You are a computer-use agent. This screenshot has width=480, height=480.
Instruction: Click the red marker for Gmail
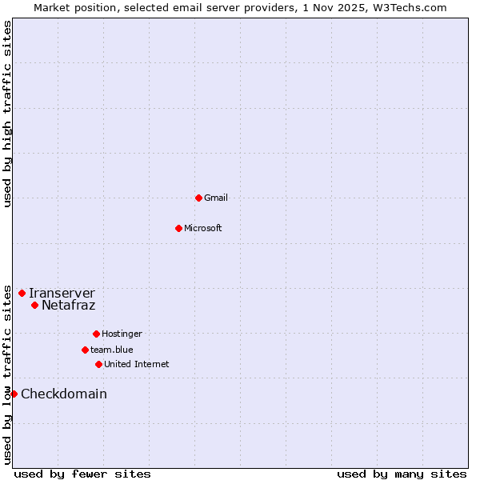click(x=198, y=198)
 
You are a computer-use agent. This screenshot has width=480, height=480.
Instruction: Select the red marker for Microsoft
click(x=178, y=228)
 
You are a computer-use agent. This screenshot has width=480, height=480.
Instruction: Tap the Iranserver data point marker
click(x=22, y=293)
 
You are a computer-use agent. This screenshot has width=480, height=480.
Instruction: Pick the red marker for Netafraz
click(x=34, y=305)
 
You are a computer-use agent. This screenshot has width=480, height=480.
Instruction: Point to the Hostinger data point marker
click(x=96, y=334)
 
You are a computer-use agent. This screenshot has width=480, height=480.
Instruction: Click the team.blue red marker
click(x=85, y=350)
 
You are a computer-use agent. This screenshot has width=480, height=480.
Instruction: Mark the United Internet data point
click(x=98, y=364)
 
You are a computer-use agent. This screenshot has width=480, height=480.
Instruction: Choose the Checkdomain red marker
click(x=14, y=394)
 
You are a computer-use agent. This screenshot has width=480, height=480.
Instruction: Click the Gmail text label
click(x=216, y=198)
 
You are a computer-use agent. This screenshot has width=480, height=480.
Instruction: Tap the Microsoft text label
click(x=203, y=228)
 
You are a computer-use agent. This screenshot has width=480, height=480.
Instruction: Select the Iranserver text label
click(x=62, y=293)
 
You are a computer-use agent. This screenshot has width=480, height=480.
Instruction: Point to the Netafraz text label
click(x=69, y=305)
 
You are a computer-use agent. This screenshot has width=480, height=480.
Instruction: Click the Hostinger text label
click(x=122, y=334)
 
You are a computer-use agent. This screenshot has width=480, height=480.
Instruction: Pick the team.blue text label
click(x=112, y=350)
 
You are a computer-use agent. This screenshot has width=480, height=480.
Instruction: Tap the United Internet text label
click(x=137, y=364)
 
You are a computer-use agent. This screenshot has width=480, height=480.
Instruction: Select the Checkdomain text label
click(x=64, y=394)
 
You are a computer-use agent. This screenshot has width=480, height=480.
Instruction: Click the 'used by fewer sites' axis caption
click(x=82, y=474)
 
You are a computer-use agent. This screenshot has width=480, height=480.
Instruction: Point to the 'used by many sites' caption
click(x=402, y=474)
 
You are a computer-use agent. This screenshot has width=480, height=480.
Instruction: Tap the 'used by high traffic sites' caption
click(x=7, y=114)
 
